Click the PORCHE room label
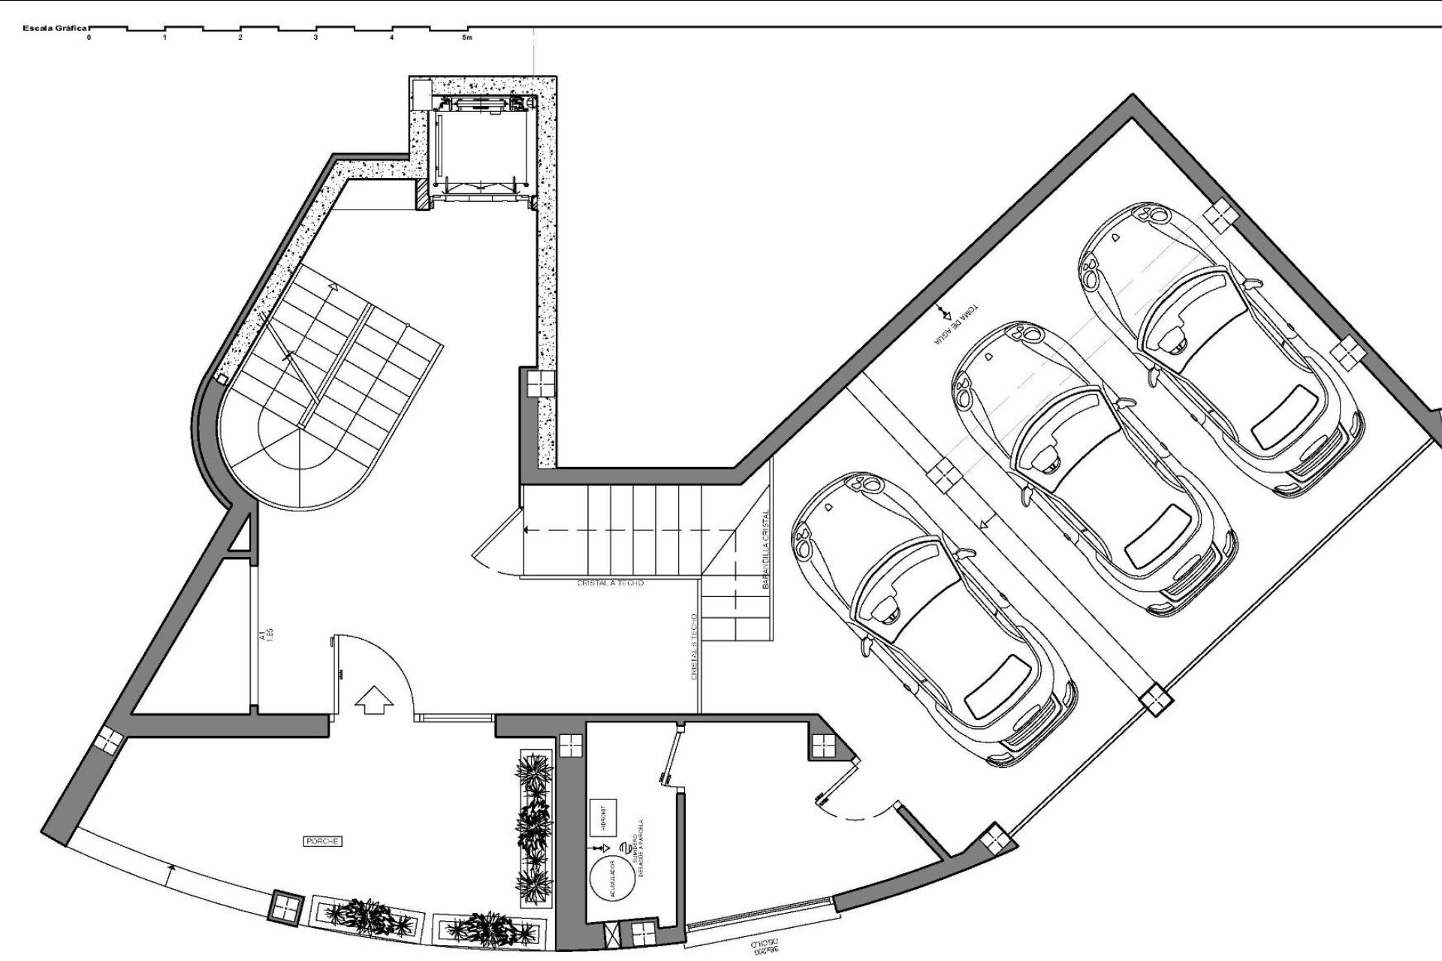click(323, 842)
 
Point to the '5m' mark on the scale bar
click(467, 37)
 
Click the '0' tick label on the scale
click(89, 37)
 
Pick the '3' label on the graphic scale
click(315, 37)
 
